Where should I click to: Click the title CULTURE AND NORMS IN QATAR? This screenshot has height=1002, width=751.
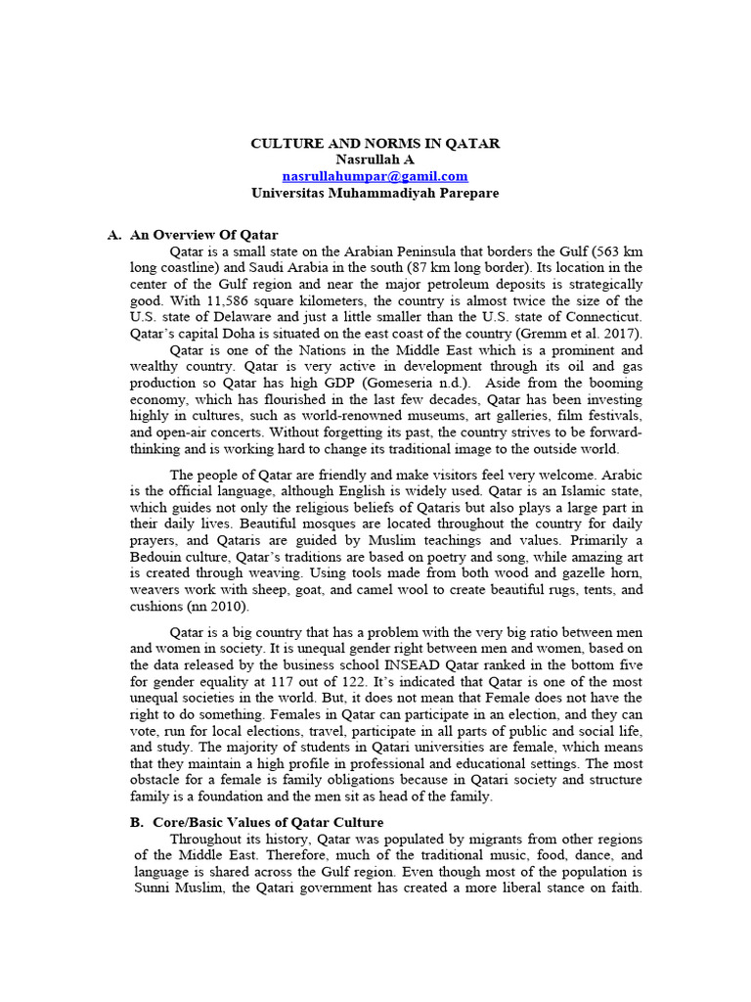pos(375,143)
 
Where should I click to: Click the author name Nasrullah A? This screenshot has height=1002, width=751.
pos(375,159)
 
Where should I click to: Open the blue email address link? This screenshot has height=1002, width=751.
pos(375,176)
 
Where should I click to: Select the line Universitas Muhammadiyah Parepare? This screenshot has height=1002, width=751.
pos(375,193)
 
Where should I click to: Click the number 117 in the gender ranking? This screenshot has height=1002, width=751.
pos(309,680)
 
